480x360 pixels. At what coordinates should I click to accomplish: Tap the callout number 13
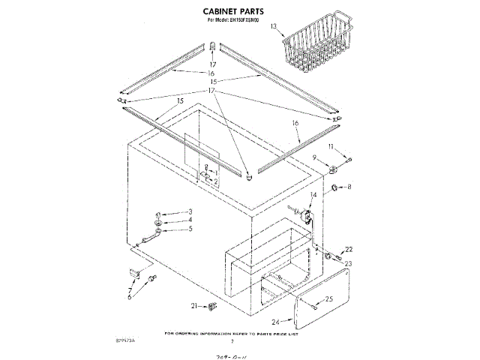pyautogui.click(x=273, y=27)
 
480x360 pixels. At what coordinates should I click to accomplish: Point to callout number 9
pyautogui.click(x=316, y=157)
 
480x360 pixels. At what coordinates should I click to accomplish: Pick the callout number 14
pyautogui.click(x=313, y=195)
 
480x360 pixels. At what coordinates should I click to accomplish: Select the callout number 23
pyautogui.click(x=349, y=263)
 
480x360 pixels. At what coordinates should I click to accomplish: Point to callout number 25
pyautogui.click(x=328, y=300)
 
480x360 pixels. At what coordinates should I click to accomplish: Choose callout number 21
pyautogui.click(x=194, y=305)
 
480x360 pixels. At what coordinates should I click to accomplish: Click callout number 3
pyautogui.click(x=190, y=211)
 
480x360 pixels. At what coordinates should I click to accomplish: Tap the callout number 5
pyautogui.click(x=190, y=229)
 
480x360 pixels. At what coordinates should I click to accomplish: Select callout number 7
pyautogui.click(x=129, y=289)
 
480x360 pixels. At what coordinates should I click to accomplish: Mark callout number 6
pyautogui.click(x=129, y=297)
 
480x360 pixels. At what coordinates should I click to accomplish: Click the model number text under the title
pyautogui.click(x=239, y=22)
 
